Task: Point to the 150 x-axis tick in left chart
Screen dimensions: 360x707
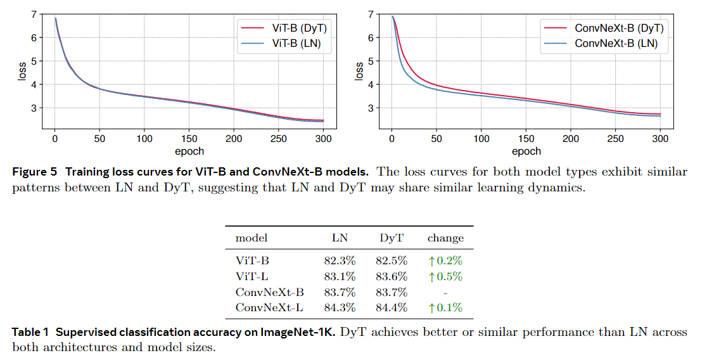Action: coord(189,139)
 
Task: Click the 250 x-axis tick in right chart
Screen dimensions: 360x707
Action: coord(616,139)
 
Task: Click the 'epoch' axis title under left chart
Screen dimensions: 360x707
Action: coord(189,151)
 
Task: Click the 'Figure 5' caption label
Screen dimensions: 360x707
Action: coord(34,172)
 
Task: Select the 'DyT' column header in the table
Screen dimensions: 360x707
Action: coord(392,238)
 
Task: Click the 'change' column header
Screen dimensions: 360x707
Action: coord(445,238)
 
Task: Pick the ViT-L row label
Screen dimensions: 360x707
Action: coord(252,276)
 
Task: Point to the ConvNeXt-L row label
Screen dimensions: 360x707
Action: coord(269,308)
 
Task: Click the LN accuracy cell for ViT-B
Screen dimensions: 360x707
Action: coord(340,260)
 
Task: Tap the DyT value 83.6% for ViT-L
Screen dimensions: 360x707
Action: coord(392,276)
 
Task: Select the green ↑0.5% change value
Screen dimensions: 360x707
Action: coord(445,276)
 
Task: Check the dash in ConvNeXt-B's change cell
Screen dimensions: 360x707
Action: coord(445,292)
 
